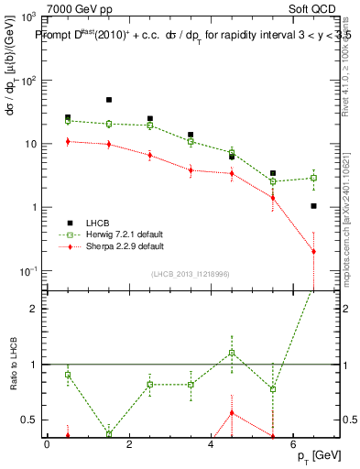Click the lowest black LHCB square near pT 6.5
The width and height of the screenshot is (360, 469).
pyautogui.click(x=313, y=206)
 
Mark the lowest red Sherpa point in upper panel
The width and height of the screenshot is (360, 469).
pyautogui.click(x=313, y=251)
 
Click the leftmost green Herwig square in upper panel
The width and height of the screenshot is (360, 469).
pyautogui.click(x=68, y=121)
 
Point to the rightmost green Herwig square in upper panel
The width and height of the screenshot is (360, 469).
pyautogui.click(x=313, y=178)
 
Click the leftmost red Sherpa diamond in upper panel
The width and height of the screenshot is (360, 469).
pyautogui.click(x=68, y=141)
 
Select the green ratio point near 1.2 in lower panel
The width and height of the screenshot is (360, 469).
pyautogui.click(x=232, y=353)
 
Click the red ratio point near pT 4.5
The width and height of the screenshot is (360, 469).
pyautogui.click(x=232, y=413)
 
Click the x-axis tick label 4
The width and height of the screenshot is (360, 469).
pyautogui.click(x=212, y=444)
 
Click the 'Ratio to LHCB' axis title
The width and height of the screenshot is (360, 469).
pyautogui.click(x=12, y=365)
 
